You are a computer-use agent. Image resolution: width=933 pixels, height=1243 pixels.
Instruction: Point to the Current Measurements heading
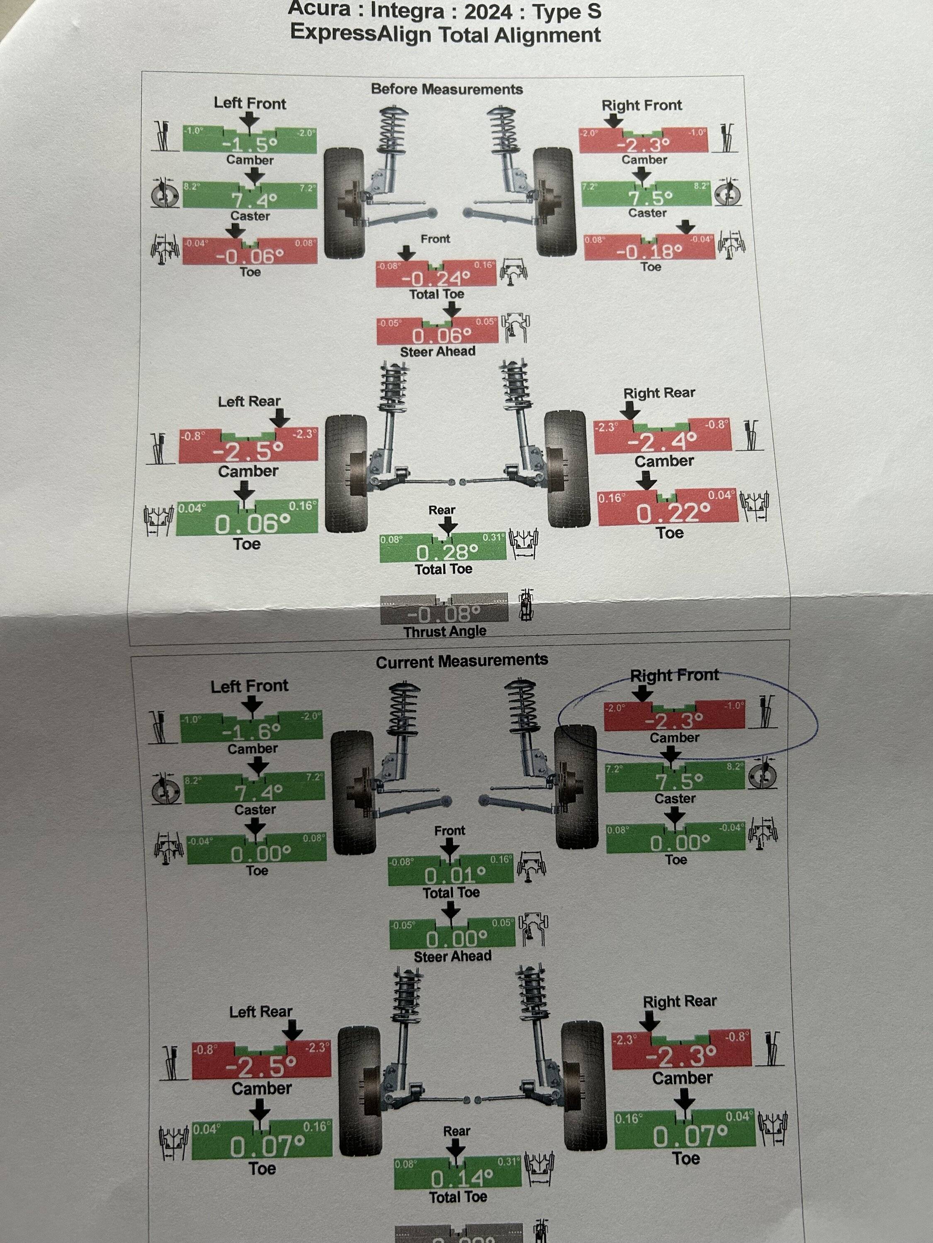click(x=462, y=661)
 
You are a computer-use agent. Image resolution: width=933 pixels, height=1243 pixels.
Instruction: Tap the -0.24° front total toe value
click(x=435, y=278)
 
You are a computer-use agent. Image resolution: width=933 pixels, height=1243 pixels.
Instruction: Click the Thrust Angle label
click(x=444, y=631)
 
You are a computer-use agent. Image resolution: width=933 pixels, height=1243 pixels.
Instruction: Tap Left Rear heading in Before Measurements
click(x=249, y=401)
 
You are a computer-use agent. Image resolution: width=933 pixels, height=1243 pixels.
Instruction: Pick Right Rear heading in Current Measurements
click(x=679, y=1001)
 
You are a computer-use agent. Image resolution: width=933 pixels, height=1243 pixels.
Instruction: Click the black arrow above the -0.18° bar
click(x=685, y=227)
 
